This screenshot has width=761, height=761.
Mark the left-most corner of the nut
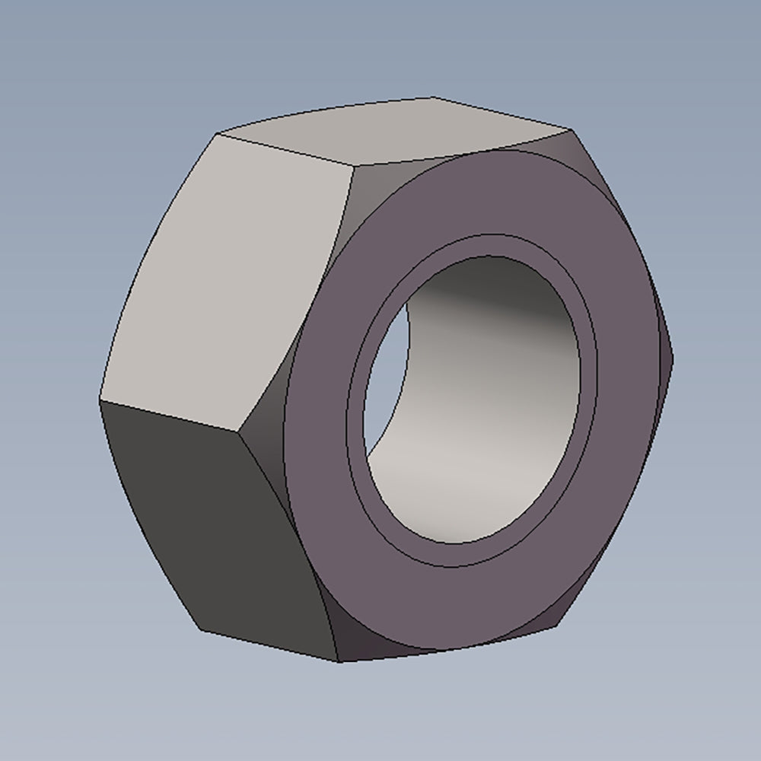click(x=100, y=399)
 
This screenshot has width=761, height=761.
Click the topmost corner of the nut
click(x=432, y=97)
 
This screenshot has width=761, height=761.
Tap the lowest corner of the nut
click(x=339, y=661)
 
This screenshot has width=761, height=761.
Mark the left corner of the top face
click(x=218, y=135)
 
